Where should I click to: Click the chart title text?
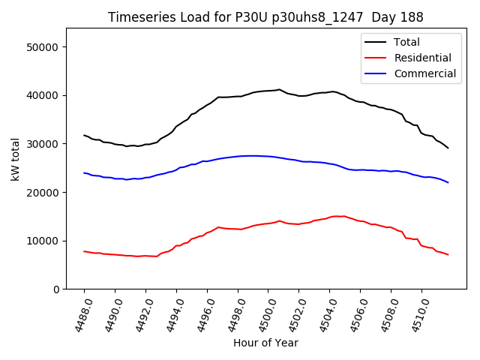point(265,17)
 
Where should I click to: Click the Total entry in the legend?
point(407,42)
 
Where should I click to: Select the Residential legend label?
point(422,58)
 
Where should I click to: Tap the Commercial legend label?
point(424,73)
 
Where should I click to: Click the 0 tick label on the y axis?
point(55,289)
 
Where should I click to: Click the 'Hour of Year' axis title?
point(265,343)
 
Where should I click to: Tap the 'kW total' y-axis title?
point(15,159)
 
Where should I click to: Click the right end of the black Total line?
point(448,148)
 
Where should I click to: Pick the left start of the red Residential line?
point(84,251)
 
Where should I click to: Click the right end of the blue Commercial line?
point(448,182)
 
